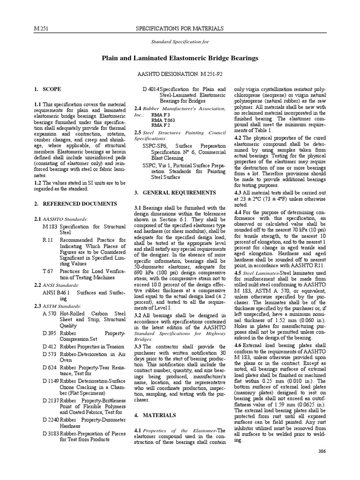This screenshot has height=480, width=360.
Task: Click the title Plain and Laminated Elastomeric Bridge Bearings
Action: click(180, 58)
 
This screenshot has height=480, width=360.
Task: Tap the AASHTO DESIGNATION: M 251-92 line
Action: click(180, 74)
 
